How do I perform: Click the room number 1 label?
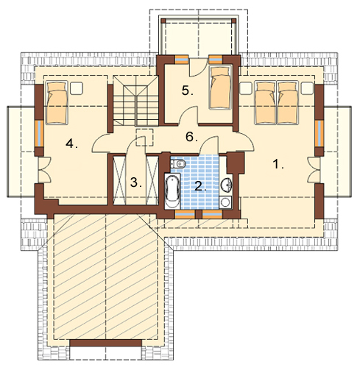(x=278, y=164)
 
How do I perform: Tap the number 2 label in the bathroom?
(x=200, y=186)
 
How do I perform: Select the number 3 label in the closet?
(x=135, y=182)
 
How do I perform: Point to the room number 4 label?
(x=71, y=143)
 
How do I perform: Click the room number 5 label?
(x=188, y=90)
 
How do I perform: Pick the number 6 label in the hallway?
(x=191, y=137)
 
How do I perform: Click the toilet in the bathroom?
(x=177, y=163)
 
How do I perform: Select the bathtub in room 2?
(x=172, y=191)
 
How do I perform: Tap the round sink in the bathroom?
(x=226, y=185)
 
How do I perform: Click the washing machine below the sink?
(x=225, y=202)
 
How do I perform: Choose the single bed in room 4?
(x=57, y=102)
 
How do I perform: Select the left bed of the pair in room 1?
(x=266, y=102)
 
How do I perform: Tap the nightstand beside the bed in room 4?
(x=77, y=88)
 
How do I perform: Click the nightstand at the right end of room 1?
(x=308, y=88)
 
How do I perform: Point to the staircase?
(x=135, y=101)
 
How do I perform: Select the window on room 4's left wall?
(x=39, y=133)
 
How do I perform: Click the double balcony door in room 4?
(x=44, y=170)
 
